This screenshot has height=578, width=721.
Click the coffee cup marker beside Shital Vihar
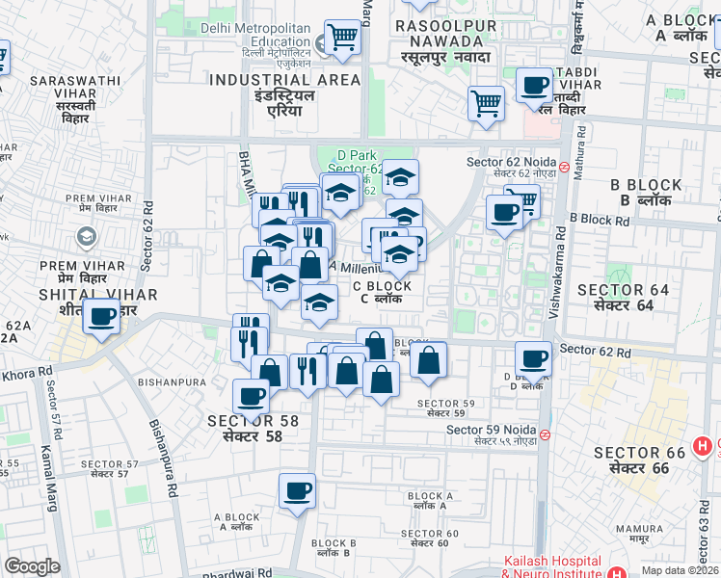(100, 316)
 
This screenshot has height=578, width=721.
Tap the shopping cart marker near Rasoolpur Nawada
(487, 103)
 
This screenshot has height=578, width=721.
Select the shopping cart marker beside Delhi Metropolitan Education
(342, 38)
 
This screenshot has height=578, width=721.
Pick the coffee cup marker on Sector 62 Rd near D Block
(533, 358)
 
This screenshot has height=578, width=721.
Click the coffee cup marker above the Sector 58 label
(252, 395)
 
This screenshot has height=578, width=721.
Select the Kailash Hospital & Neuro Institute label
(551, 566)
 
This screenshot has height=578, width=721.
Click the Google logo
(33, 566)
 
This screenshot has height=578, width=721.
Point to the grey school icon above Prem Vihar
(86, 235)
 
